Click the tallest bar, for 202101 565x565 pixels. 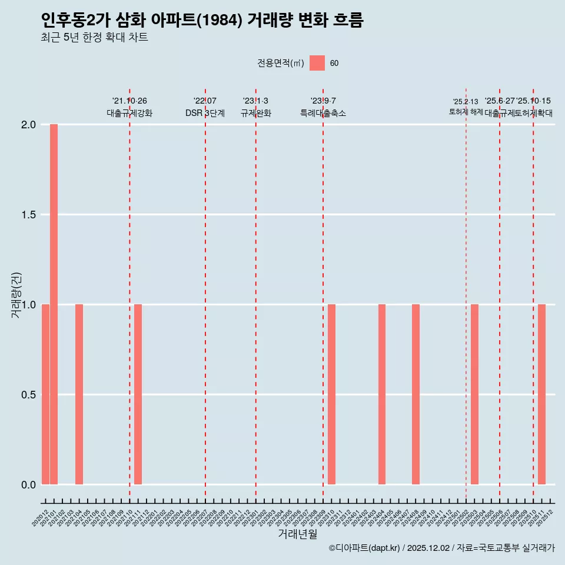(x=54, y=304)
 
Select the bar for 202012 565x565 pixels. (x=45, y=394)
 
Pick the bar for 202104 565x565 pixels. (x=79, y=394)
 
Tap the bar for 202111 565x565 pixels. (x=138, y=394)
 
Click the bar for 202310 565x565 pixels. (x=331, y=394)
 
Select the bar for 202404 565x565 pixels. (x=382, y=394)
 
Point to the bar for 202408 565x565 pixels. (x=416, y=394)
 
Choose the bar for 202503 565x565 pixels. (x=474, y=394)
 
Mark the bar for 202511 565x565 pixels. (x=541, y=394)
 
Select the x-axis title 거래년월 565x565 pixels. (x=297, y=534)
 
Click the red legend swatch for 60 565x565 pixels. (x=317, y=63)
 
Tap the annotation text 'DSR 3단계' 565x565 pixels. (x=205, y=113)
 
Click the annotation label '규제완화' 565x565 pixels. (x=255, y=113)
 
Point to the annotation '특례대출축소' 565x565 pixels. (x=323, y=113)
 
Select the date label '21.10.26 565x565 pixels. (x=129, y=101)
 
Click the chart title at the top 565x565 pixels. (x=202, y=20)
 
